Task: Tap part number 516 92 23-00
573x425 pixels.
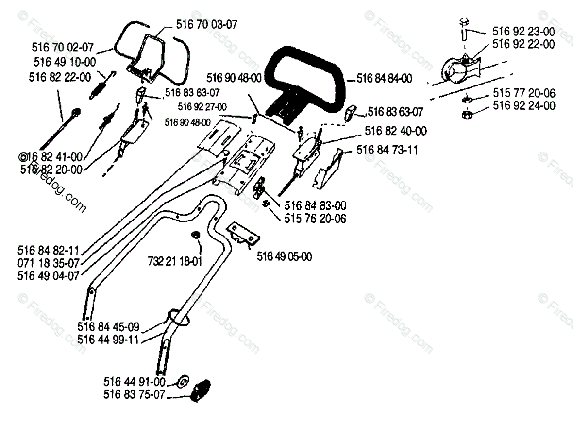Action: (x=523, y=32)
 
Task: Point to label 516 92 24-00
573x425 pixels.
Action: (x=523, y=105)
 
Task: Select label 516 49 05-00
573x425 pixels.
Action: (x=284, y=256)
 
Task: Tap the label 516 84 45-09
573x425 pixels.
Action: (x=108, y=325)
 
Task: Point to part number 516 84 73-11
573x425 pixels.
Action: (x=387, y=150)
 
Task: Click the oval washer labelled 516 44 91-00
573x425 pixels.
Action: (x=183, y=380)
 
